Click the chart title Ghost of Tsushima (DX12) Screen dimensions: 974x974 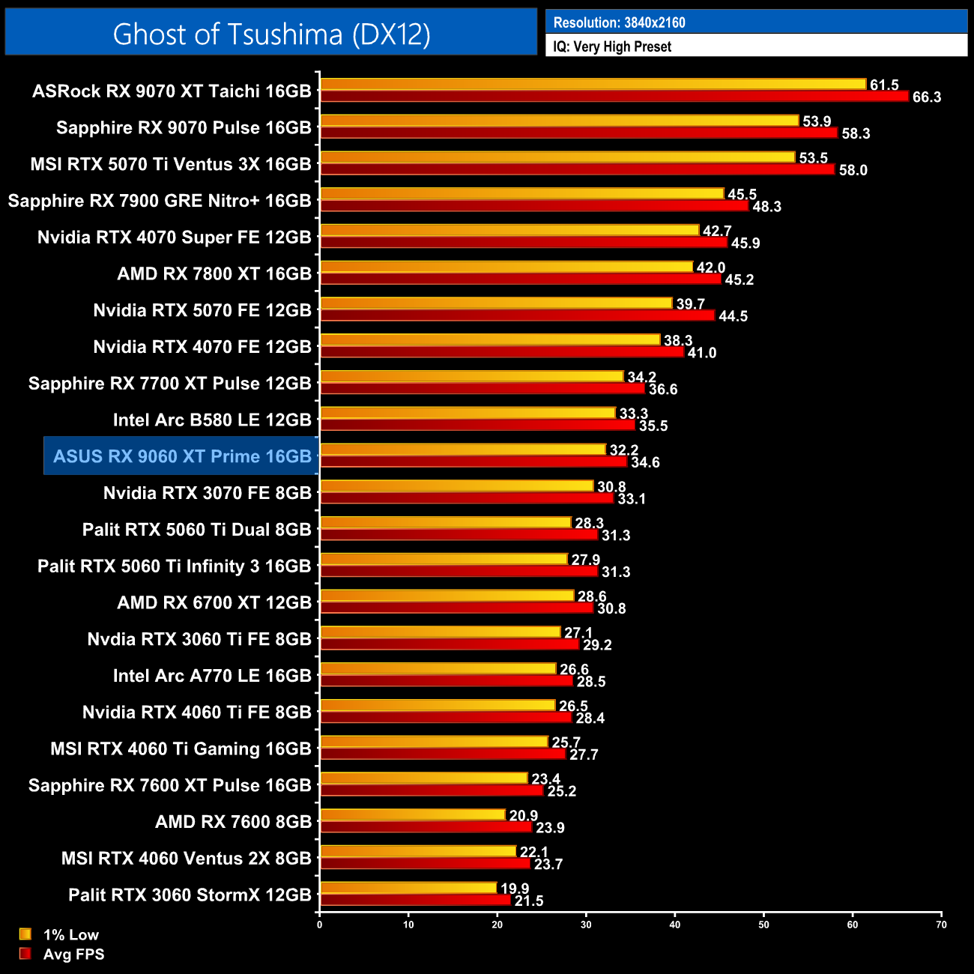tap(271, 34)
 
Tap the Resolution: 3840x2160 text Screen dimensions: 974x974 tap(619, 22)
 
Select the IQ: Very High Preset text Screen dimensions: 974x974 tap(612, 46)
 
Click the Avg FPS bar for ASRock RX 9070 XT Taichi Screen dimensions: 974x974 tap(614, 97)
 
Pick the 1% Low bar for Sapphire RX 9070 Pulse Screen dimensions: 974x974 tap(559, 121)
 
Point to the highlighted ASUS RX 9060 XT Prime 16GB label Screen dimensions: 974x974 tap(182, 456)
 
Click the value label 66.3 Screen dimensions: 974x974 tap(927, 97)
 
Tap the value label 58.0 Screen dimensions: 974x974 tap(853, 170)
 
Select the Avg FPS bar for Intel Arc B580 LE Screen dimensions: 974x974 tap(477, 426)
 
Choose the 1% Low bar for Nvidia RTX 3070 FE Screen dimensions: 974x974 tap(456, 486)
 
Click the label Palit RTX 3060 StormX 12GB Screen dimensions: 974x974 tap(190, 895)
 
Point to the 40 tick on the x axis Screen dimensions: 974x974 tap(675, 925)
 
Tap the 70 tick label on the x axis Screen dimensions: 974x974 tap(941, 925)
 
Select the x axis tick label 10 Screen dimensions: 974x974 tap(408, 925)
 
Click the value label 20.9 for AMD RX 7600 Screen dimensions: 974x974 tap(524, 815)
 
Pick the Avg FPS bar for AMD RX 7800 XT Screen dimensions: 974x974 tap(520, 279)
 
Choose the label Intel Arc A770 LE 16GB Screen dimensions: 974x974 tap(212, 676)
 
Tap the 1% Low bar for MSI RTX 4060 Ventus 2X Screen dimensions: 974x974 tap(417, 851)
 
